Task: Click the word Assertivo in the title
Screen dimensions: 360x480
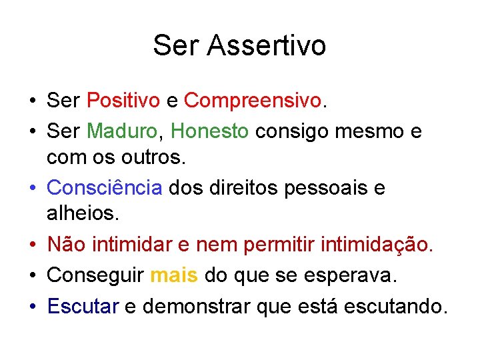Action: (x=267, y=45)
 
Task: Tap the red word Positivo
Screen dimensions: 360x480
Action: (x=123, y=101)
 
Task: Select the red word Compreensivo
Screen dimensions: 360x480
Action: (x=253, y=101)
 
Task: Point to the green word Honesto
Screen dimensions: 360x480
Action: (x=210, y=131)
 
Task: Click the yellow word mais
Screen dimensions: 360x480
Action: (x=174, y=275)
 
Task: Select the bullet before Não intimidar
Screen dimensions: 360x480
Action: (x=32, y=245)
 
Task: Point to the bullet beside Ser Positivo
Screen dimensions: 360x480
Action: (x=32, y=101)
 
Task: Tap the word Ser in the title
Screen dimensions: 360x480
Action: (x=176, y=45)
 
